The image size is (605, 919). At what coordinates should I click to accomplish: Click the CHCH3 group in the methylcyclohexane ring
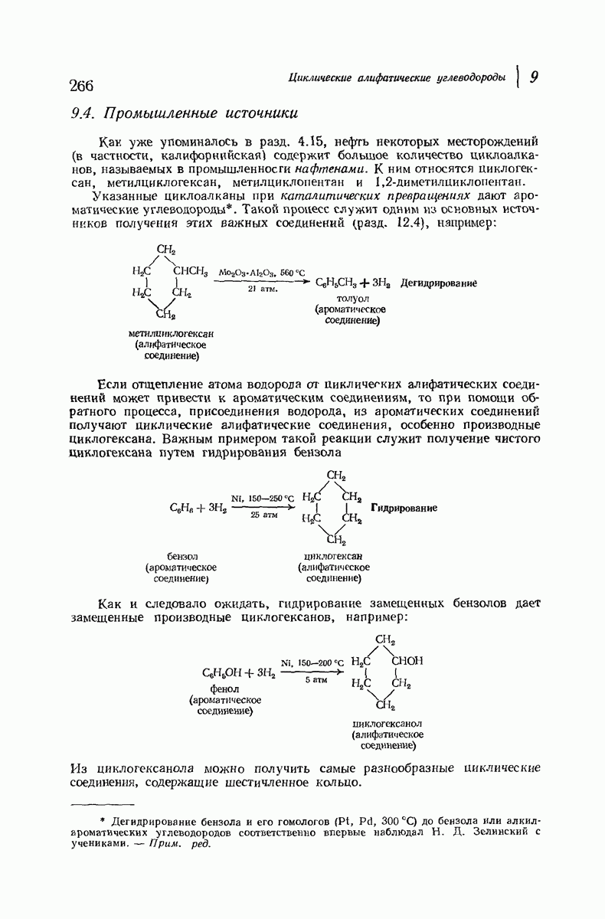(x=191, y=271)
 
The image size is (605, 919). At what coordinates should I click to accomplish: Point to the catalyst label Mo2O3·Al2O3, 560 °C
(x=261, y=272)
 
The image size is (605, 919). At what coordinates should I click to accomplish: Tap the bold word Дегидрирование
(x=439, y=283)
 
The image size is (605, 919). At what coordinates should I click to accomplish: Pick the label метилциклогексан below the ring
(x=171, y=334)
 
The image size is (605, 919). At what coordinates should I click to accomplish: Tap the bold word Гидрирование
(x=404, y=508)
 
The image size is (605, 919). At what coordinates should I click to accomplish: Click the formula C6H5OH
(x=219, y=673)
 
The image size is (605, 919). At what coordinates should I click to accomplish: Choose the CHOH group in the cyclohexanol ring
(x=407, y=661)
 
